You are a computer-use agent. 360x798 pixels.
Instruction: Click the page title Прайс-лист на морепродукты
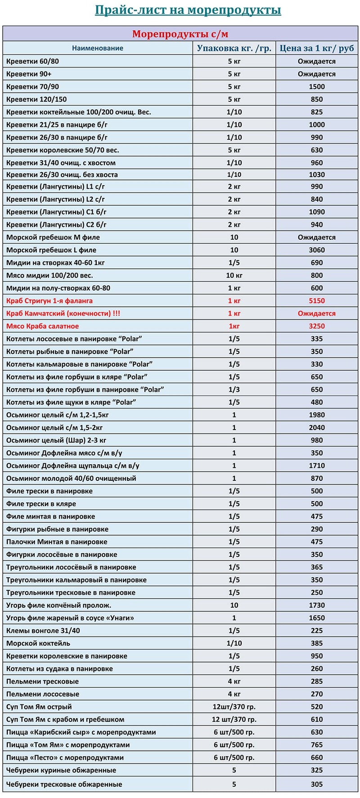pyautogui.click(x=188, y=10)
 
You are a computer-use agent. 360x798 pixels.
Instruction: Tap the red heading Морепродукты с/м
pyautogui.click(x=180, y=34)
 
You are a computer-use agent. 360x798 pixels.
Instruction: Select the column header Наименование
pyautogui.click(x=98, y=48)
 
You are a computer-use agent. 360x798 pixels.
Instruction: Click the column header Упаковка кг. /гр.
pyautogui.click(x=234, y=48)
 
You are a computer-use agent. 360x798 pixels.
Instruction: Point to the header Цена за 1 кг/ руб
pyautogui.click(x=317, y=48)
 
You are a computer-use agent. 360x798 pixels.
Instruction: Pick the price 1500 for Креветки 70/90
pyautogui.click(x=317, y=87)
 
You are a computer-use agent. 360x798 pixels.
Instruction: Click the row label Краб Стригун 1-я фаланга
pyautogui.click(x=49, y=301)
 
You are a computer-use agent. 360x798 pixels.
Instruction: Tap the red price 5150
pyautogui.click(x=317, y=301)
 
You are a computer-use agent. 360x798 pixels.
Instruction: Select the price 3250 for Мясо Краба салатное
pyautogui.click(x=317, y=326)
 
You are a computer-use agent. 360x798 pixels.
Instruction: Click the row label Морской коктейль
pyautogui.click(x=38, y=643)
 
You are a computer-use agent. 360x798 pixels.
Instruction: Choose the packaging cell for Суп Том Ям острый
pyautogui.click(x=234, y=707)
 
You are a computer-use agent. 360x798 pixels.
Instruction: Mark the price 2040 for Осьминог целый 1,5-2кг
pyautogui.click(x=317, y=428)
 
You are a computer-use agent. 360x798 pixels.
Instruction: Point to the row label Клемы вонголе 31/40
pyautogui.click(x=43, y=631)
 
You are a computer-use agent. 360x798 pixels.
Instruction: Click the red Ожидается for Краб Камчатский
pyautogui.click(x=317, y=314)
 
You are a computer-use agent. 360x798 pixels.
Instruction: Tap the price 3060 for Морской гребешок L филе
pyautogui.click(x=317, y=250)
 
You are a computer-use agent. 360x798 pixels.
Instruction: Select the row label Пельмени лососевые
pyautogui.click(x=43, y=694)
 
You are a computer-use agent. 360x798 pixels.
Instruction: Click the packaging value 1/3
pyautogui.click(x=234, y=390)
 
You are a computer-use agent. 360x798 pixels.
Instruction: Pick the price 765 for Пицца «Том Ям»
pyautogui.click(x=317, y=745)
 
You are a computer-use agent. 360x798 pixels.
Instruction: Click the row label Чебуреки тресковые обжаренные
pyautogui.click(x=64, y=785)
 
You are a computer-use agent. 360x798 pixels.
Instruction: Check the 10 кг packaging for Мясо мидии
pyautogui.click(x=234, y=275)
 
